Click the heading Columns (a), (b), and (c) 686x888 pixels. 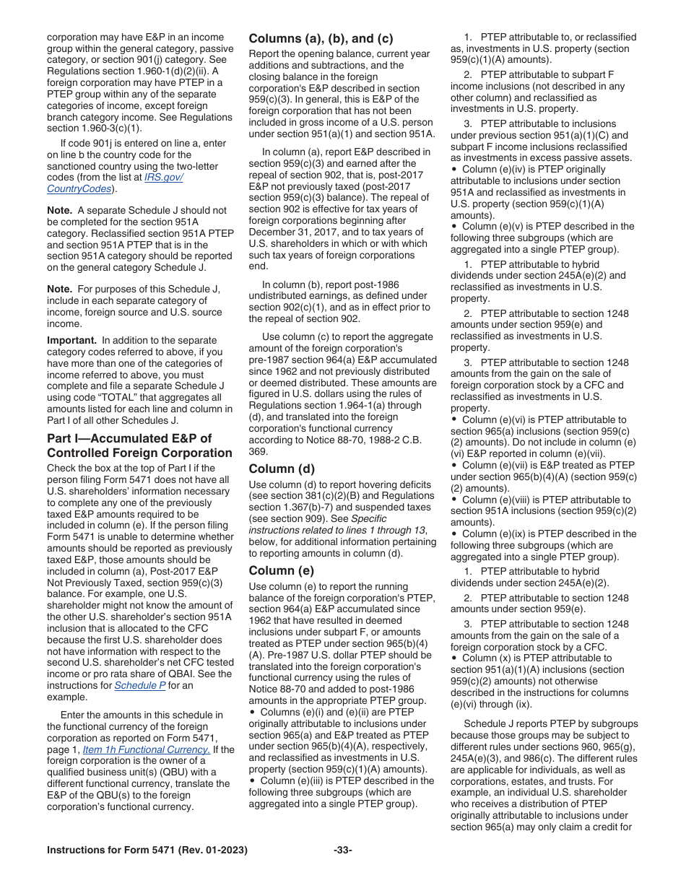click(x=321, y=39)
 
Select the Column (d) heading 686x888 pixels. click(x=282, y=469)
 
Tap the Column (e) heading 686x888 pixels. click(x=282, y=571)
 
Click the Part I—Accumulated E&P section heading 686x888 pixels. click(x=139, y=446)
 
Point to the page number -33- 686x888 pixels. click(x=342, y=850)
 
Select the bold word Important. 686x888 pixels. click(x=71, y=340)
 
